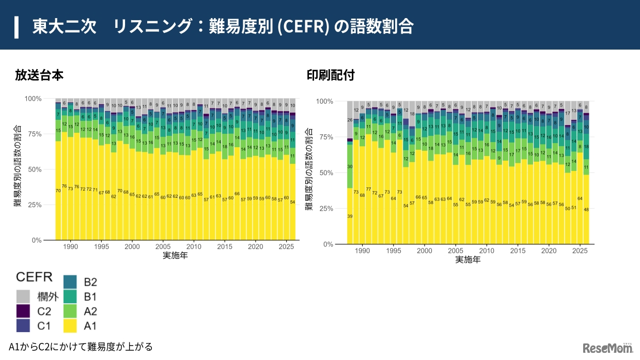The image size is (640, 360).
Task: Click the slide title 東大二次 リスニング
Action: [222, 26]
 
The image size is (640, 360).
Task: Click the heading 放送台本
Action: [39, 75]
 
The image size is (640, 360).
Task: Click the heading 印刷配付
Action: [331, 75]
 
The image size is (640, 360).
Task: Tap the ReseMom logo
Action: [607, 348]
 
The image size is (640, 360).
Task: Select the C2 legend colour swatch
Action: [24, 311]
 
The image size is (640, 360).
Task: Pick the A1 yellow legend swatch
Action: [71, 325]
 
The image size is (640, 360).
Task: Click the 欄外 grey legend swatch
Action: [24, 296]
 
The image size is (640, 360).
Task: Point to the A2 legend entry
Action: [80, 311]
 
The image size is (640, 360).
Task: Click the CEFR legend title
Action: [34, 276]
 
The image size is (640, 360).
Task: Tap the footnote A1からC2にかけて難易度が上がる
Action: [81, 346]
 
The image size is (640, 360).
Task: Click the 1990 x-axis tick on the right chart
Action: [363, 251]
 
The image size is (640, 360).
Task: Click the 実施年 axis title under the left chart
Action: [175, 256]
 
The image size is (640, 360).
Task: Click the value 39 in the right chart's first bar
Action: [350, 216]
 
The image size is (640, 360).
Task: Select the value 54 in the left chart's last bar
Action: [293, 202]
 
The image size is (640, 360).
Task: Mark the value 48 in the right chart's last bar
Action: [586, 210]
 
